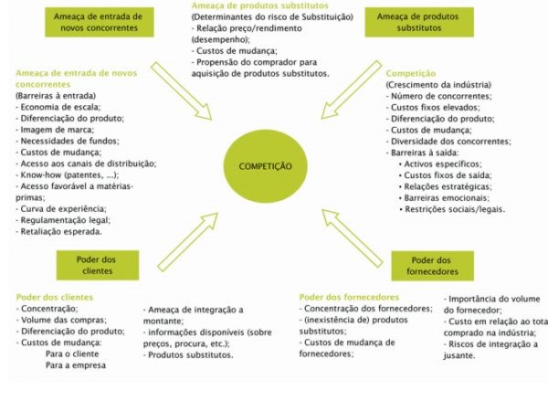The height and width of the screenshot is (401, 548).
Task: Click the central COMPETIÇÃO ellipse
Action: tap(265, 166)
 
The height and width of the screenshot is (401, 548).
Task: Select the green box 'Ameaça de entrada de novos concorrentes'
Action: tap(100, 22)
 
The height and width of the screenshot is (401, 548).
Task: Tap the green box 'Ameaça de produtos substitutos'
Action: tap(419, 22)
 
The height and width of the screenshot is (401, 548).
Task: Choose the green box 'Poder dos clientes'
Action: tap(98, 265)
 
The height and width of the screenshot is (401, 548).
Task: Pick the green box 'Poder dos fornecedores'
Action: tap(432, 266)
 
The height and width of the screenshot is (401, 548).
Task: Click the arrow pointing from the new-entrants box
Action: tap(182, 91)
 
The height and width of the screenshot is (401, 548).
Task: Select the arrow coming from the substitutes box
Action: tap(352, 90)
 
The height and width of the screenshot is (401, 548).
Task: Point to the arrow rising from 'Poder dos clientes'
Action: tap(187, 242)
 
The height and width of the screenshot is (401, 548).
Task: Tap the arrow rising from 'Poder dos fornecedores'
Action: tap(352, 238)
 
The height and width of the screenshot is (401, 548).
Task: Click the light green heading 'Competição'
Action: tap(411, 73)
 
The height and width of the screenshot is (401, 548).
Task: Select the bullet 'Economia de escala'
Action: tap(58, 107)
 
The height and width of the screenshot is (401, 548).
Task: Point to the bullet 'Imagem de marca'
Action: tap(55, 130)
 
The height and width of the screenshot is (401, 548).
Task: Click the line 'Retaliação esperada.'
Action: tap(58, 231)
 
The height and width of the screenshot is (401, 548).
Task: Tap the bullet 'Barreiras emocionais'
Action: tap(444, 198)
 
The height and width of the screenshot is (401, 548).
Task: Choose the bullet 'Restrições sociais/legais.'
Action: tap(452, 209)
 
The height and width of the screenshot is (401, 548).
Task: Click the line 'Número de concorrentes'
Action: tap(439, 96)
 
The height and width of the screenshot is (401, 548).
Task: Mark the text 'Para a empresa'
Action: tap(76, 365)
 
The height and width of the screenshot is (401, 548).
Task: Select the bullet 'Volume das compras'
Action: tap(61, 320)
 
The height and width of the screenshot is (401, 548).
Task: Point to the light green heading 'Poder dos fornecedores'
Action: tap(349, 297)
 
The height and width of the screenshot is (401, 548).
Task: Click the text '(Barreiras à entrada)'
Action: tap(56, 96)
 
